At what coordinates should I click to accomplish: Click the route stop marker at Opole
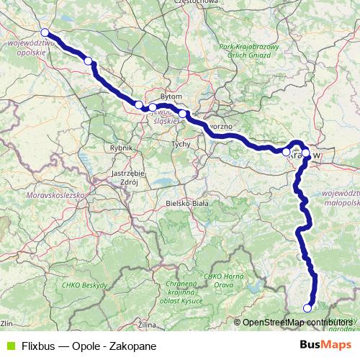(x=45, y=32)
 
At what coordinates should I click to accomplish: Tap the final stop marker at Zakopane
(x=307, y=308)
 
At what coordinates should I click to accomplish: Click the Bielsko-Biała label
(x=186, y=204)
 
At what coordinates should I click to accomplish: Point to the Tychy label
(x=180, y=144)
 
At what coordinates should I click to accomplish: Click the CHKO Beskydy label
(x=89, y=285)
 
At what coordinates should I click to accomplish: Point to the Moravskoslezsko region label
(x=53, y=195)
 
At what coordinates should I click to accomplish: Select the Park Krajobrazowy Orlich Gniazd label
(x=248, y=50)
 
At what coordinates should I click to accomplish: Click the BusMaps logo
(x=326, y=345)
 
